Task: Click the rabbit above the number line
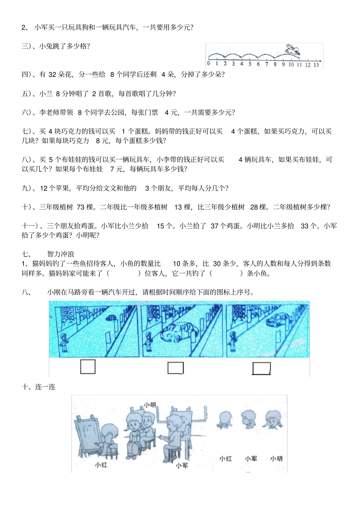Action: click(293, 50)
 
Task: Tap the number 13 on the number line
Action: click(316, 65)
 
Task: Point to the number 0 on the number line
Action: click(208, 64)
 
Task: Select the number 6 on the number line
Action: click(258, 64)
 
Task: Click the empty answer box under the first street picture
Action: click(88, 367)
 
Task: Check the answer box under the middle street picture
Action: click(175, 367)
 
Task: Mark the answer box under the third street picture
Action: click(261, 368)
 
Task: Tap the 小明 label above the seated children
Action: click(150, 405)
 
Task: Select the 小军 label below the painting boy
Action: click(182, 465)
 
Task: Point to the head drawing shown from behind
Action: click(224, 419)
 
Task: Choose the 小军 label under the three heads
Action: click(251, 458)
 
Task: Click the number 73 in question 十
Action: click(80, 207)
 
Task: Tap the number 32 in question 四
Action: click(52, 75)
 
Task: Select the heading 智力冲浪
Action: click(61, 254)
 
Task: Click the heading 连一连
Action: click(45, 387)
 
